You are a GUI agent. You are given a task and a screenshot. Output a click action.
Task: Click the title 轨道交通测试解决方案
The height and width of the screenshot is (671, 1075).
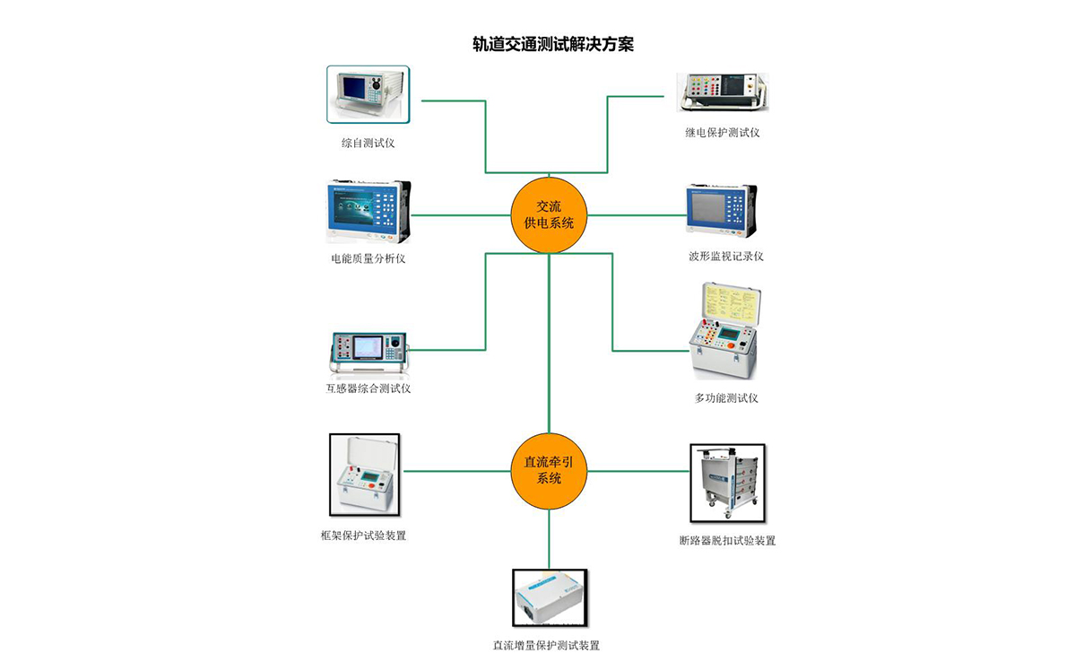[x=552, y=43]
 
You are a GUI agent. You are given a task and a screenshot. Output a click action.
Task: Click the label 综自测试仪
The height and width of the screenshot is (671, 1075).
[x=368, y=143]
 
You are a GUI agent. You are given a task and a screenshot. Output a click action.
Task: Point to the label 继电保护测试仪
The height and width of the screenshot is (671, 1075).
[x=722, y=133]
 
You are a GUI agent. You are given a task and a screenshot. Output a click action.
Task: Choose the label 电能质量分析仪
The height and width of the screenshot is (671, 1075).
[x=368, y=259]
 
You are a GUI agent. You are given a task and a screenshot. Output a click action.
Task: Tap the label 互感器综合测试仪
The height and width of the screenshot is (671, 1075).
[x=368, y=388]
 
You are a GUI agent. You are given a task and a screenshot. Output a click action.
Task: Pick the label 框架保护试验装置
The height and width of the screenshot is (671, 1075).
[x=363, y=536]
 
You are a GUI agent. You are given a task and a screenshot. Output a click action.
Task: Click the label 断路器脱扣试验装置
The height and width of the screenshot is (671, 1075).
[x=727, y=541]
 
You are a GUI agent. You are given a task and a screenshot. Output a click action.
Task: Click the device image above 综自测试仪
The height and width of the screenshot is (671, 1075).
[x=368, y=94]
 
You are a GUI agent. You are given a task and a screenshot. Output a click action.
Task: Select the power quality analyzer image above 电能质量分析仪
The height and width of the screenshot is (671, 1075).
[x=368, y=212]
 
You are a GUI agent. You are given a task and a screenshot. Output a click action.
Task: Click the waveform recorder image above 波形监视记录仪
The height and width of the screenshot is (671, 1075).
[x=721, y=211]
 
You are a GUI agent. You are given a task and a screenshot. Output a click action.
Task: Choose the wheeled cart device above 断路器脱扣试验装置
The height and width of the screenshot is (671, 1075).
[x=727, y=483]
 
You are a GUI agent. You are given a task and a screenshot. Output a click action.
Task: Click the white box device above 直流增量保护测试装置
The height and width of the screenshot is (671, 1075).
[x=549, y=597]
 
